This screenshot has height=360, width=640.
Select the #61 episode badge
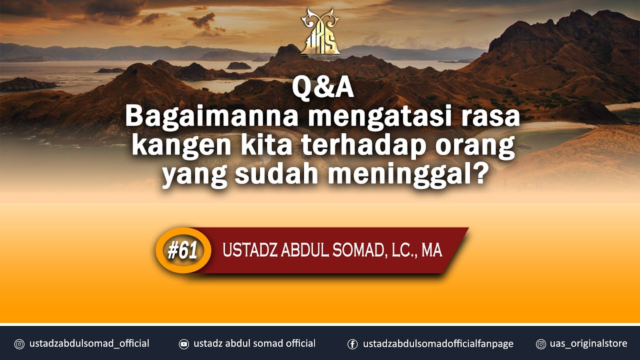[x=182, y=250]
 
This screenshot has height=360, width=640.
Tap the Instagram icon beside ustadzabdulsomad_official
[x=19, y=344]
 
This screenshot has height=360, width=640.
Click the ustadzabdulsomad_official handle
[x=89, y=344]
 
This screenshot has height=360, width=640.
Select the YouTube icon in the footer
[x=184, y=344]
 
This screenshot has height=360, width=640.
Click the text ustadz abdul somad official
[x=254, y=344]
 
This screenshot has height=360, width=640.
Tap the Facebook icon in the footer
[x=352, y=344]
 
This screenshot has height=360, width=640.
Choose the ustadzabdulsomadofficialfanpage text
[x=438, y=344]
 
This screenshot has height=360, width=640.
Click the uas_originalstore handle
[x=588, y=344]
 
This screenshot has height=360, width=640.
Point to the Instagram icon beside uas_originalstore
[x=540, y=344]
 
